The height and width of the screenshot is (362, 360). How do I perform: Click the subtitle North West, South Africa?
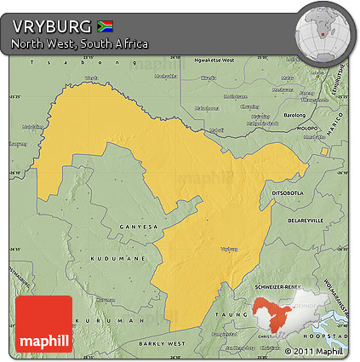click(x=80, y=43)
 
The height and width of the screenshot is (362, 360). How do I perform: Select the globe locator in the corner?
click(x=323, y=32)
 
